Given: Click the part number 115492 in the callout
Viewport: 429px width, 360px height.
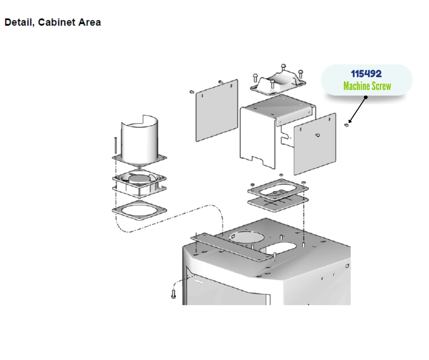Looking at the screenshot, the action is pyautogui.click(x=366, y=74).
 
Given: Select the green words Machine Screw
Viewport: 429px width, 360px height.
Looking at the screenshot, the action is pyautogui.click(x=367, y=86).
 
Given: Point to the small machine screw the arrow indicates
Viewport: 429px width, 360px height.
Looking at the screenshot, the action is pyautogui.click(x=346, y=125).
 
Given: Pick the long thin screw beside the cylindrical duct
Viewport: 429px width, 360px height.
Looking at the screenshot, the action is pyautogui.click(x=115, y=145).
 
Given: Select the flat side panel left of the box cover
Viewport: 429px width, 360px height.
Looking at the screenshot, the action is pyautogui.click(x=217, y=111).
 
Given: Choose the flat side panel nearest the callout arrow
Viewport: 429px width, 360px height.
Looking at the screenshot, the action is pyautogui.click(x=315, y=144).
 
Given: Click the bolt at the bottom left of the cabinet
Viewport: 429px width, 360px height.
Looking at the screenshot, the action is pyautogui.click(x=173, y=294).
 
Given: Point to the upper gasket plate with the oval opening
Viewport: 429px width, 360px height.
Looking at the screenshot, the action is pyautogui.click(x=278, y=190).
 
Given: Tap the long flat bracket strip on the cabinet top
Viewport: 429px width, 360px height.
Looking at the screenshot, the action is pyautogui.click(x=232, y=247).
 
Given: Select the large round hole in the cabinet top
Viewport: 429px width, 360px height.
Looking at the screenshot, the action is pyautogui.click(x=246, y=237).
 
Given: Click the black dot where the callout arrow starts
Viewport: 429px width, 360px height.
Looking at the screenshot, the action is pyautogui.click(x=366, y=97).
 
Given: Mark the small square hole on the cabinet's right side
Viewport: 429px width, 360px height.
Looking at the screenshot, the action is pyautogui.click(x=347, y=266).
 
